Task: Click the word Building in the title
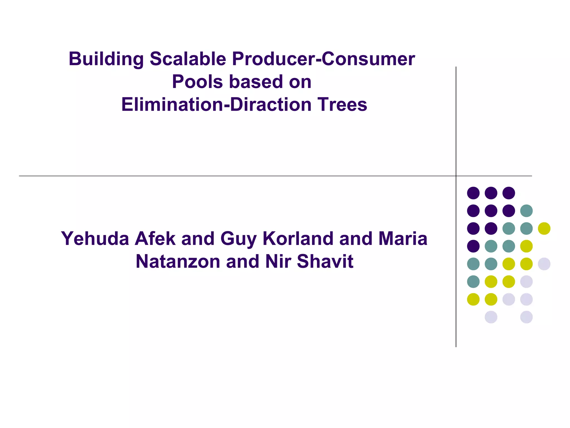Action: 106,59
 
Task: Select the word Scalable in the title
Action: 188,59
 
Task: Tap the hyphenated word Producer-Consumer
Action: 323,59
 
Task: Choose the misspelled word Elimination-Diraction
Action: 216,105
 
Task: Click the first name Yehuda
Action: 95,239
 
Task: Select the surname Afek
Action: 155,239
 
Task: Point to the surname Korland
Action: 298,239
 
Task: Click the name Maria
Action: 403,239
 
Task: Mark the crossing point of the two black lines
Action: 456,176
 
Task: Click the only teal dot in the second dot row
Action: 526,211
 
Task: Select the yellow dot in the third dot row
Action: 544,228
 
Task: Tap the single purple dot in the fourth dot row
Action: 473,246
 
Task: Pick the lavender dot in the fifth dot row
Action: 544,264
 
